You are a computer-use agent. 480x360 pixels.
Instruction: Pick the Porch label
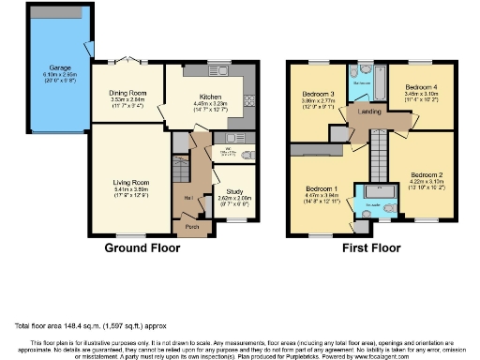(191, 226)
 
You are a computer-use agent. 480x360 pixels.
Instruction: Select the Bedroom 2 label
(426, 174)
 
